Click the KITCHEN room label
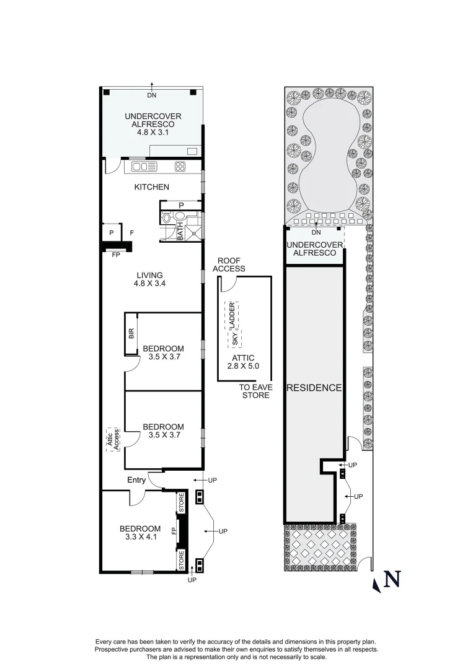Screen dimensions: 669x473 tap(152, 186)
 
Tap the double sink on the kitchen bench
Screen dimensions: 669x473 tap(144, 166)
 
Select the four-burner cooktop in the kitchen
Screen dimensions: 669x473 tap(180, 166)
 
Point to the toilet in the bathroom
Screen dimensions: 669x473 tap(180, 217)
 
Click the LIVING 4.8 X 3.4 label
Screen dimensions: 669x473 tap(148, 279)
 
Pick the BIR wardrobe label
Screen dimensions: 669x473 tap(131, 334)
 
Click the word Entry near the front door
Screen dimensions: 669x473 tap(136, 480)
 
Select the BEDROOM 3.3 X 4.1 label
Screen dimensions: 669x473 tap(139, 533)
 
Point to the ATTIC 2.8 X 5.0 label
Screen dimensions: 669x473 tap(244, 362)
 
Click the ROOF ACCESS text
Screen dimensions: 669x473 tap(229, 265)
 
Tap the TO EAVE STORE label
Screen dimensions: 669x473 tap(255, 391)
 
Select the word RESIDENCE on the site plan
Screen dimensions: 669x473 tap(314, 388)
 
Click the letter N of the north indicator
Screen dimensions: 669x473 tap(391, 580)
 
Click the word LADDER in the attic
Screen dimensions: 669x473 tap(232, 315)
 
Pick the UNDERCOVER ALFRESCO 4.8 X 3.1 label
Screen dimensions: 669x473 tap(152, 123)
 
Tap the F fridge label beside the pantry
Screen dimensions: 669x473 tap(132, 233)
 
